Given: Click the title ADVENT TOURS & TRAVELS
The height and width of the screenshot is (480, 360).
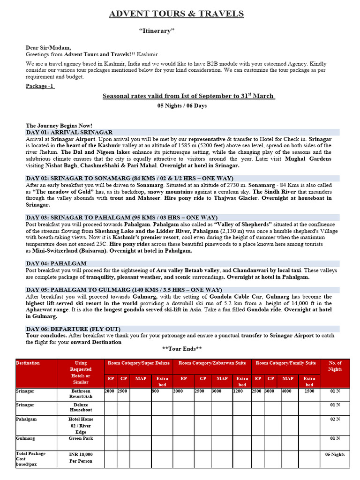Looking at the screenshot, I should pos(176,14).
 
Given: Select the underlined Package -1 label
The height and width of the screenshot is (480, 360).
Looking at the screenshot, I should pos(40,86).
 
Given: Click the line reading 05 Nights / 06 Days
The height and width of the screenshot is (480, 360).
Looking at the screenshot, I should pos(182,105).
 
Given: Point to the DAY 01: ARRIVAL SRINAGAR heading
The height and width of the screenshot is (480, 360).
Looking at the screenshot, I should pos(69,133).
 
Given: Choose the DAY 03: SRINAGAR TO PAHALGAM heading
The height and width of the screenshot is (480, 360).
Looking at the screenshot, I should pos(121,217).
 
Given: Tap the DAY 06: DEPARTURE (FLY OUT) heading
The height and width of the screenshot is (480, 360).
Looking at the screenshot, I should pos(73,329).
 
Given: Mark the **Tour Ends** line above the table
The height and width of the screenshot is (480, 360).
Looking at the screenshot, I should pos(182,349).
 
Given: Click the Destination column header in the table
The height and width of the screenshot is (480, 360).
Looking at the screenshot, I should pos(28,363).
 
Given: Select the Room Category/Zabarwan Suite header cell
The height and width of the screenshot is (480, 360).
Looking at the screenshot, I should pos(212,363).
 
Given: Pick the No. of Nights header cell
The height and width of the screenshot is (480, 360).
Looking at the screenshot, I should pos(335,366).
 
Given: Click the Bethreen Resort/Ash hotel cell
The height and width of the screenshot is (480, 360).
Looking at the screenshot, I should pos(81,394).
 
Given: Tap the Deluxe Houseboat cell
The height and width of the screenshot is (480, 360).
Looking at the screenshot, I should pos(81,407).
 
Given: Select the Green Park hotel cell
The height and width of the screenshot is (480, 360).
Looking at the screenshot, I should pos(81,439).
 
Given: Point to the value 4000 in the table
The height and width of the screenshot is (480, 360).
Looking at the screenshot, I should pos(286,391).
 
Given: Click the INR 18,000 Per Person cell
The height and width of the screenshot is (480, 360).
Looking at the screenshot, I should pos(81,457).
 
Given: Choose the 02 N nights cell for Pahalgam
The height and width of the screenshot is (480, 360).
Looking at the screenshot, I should pos(335,420).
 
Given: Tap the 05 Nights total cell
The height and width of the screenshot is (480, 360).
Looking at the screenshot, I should pos(335,455).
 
